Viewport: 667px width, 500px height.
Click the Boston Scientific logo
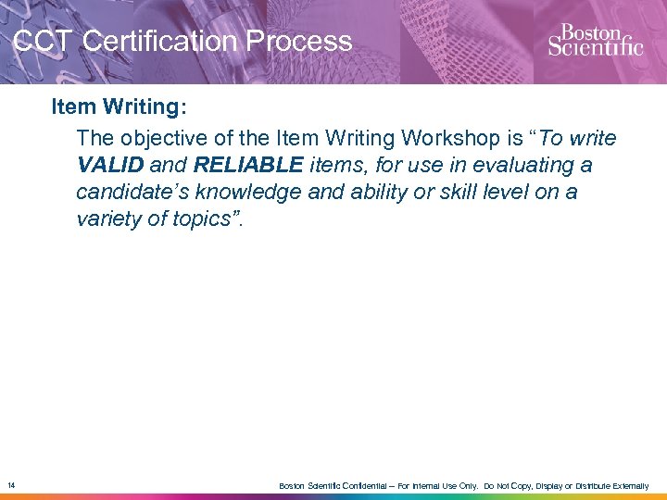595,40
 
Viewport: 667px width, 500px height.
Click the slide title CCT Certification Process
183,42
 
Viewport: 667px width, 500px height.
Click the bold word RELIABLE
248,166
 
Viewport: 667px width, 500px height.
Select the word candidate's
127,193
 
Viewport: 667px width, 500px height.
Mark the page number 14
10,484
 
